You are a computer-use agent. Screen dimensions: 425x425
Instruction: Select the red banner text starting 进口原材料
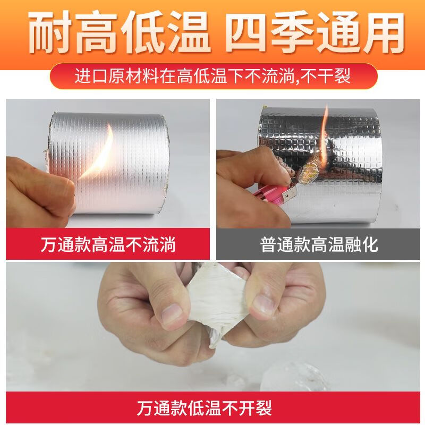coord(212,76)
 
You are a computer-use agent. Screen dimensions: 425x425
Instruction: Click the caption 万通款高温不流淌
coord(108,245)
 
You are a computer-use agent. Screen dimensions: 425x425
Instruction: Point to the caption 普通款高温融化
coord(319,245)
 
